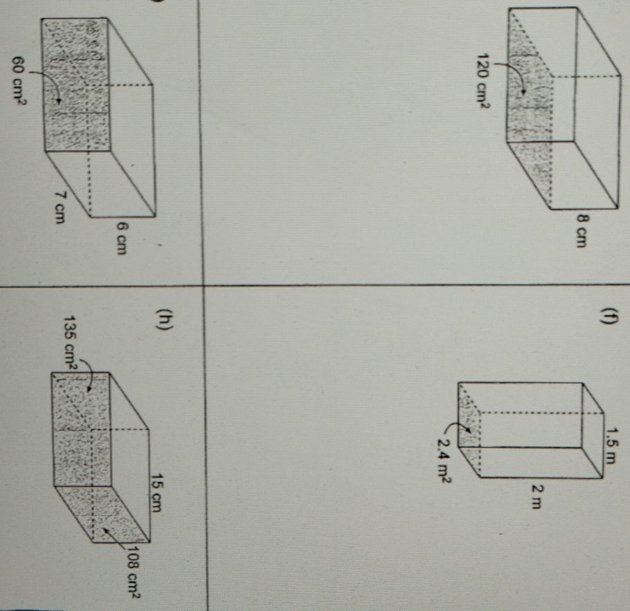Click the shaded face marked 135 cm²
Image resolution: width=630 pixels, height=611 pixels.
(x=82, y=429)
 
